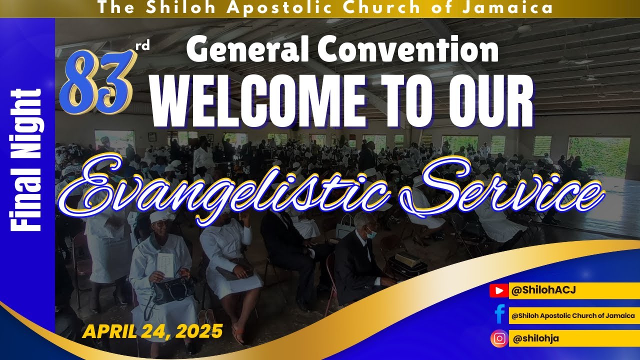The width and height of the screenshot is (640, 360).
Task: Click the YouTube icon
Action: click(498, 290)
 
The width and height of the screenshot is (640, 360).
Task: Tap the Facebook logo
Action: click(498, 314)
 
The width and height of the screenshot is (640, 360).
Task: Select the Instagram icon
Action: click(499, 338)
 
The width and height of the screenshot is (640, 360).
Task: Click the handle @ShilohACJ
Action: click(537, 290)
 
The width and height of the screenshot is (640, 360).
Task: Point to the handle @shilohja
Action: click(535, 338)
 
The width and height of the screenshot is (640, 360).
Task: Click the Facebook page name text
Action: click(573, 315)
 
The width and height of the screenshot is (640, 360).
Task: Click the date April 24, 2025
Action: click(152, 330)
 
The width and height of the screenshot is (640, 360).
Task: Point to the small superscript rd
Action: click(142, 46)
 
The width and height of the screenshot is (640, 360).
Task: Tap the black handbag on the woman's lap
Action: click(172, 290)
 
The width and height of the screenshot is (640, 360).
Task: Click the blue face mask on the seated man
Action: click(371, 233)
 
